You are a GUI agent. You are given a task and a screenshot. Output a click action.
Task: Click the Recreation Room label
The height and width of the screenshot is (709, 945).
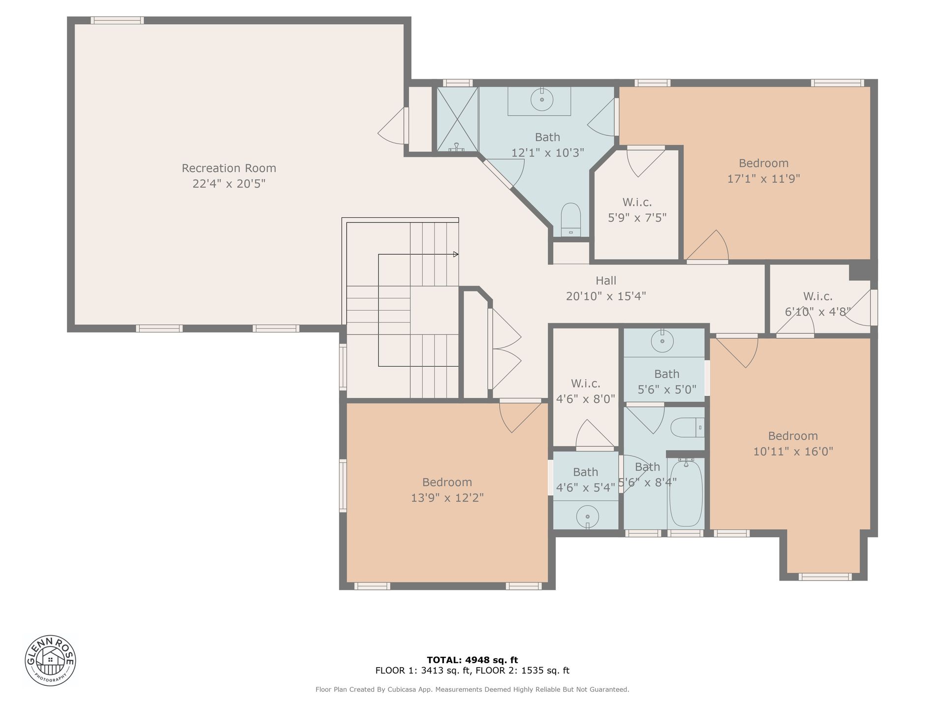(x=229, y=168)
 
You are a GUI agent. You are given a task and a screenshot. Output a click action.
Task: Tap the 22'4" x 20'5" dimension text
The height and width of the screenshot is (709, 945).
(x=229, y=184)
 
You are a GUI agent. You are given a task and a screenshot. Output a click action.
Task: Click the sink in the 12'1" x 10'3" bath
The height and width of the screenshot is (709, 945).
(x=541, y=100)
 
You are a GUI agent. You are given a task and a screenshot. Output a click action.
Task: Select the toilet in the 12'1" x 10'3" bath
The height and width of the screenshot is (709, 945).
(x=571, y=220)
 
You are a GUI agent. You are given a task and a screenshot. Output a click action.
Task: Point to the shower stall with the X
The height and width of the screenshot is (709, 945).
(x=458, y=120)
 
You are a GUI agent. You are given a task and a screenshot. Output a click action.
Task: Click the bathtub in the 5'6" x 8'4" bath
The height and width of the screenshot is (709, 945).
(x=686, y=493)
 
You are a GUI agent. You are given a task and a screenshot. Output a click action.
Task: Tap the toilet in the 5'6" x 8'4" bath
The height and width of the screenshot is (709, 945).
(x=688, y=427)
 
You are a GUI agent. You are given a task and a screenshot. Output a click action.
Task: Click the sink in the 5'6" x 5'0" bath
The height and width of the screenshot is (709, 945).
(x=662, y=340)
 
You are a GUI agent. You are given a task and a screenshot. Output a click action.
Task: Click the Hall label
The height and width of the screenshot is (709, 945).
(x=606, y=281)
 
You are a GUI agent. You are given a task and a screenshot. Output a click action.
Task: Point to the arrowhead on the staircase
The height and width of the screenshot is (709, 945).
(x=456, y=255)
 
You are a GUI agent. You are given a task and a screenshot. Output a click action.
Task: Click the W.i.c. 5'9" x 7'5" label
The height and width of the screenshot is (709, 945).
(x=637, y=210)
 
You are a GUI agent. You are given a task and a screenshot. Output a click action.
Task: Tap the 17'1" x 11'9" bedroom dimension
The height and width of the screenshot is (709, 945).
(x=764, y=179)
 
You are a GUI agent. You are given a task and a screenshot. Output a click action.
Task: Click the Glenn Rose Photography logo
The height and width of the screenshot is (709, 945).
(x=50, y=660)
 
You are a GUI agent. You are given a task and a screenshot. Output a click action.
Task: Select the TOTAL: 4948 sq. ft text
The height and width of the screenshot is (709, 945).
(x=472, y=660)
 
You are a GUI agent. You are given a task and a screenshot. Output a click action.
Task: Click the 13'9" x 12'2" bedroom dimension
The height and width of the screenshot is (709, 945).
(x=447, y=498)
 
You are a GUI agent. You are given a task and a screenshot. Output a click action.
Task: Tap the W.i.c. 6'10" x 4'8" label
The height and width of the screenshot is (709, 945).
(x=818, y=304)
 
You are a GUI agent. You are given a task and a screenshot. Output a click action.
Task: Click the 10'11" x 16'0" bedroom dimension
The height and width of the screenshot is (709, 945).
(x=793, y=451)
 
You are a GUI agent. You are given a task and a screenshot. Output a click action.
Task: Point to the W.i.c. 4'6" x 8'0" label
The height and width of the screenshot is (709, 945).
(x=586, y=391)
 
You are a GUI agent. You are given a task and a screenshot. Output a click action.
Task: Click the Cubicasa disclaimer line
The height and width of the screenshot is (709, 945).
(x=472, y=690)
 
